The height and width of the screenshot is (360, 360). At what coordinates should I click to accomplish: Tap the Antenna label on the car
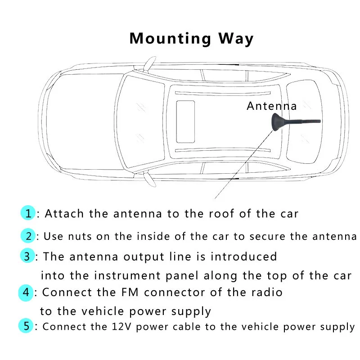click(272, 106)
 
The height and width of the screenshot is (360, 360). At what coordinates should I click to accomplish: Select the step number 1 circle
click(28, 213)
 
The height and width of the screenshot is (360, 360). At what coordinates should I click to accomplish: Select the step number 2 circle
click(28, 236)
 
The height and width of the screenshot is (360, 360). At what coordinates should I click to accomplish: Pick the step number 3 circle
click(27, 256)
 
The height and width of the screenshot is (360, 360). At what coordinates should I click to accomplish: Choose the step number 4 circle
click(27, 292)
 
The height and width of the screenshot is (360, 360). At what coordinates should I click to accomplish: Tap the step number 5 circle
click(27, 326)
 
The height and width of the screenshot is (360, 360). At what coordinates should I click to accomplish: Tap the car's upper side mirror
click(147, 64)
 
